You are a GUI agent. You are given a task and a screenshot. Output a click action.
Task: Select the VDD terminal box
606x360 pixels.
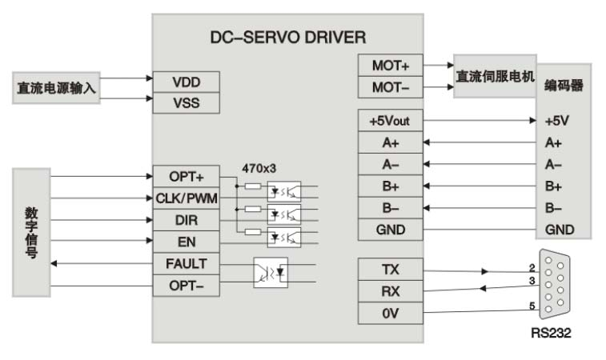click(185, 82)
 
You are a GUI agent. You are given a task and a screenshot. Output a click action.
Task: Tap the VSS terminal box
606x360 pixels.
click(185, 102)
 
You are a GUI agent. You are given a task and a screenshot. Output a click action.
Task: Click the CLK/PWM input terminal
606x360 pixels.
click(185, 198)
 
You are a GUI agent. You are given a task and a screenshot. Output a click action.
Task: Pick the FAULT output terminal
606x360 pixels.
click(185, 263)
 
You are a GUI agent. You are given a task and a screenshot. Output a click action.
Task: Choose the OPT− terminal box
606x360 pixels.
click(185, 285)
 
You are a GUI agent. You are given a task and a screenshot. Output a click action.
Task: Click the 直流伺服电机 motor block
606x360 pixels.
click(495, 77)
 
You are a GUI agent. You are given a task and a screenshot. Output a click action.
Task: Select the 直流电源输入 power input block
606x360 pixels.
click(56, 88)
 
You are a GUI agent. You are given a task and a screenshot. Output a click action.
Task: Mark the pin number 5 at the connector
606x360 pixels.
click(532, 305)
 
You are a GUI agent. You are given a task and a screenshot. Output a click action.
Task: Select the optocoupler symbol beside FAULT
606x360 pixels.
click(270, 272)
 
